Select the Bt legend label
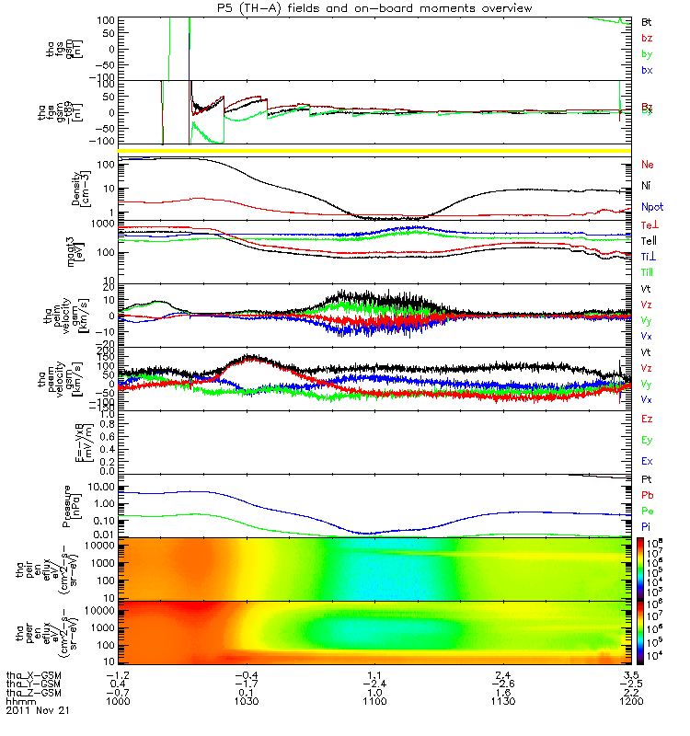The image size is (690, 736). tap(647, 20)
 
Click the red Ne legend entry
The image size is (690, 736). tap(648, 164)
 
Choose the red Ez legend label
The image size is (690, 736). tap(647, 419)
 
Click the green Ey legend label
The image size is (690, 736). tap(647, 440)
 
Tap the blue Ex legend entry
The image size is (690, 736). tap(647, 461)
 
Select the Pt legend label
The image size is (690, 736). tap(647, 481)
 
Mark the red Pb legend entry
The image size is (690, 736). tap(647, 496)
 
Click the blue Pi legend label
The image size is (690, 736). tap(647, 525)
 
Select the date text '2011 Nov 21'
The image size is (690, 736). tap(38, 710)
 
